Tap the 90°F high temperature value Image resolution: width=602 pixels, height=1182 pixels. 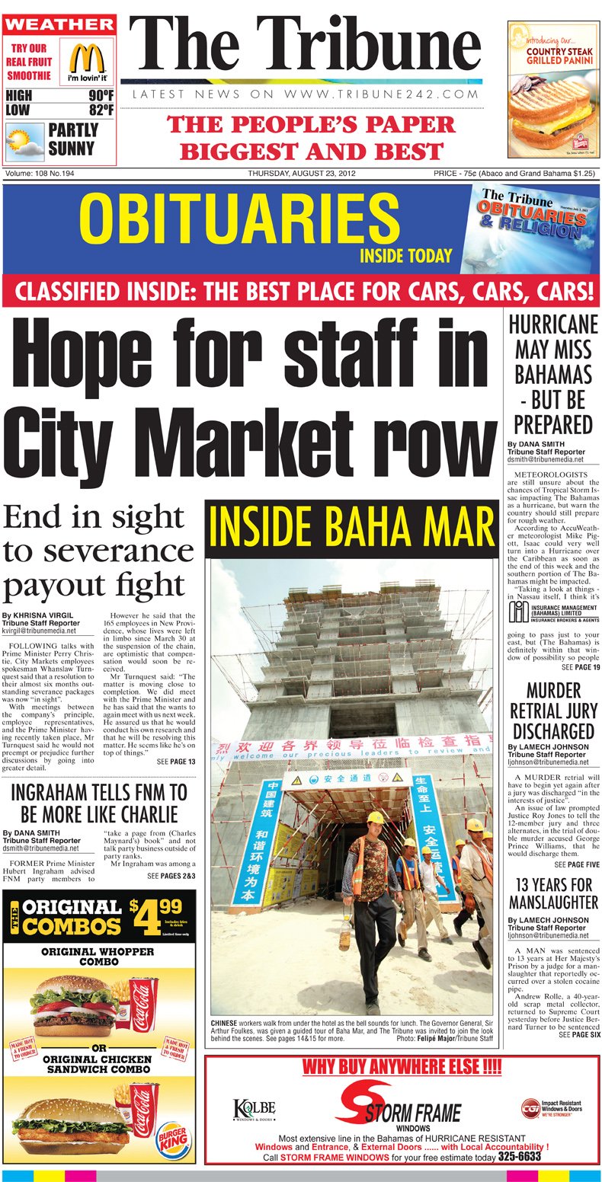[x=100, y=96]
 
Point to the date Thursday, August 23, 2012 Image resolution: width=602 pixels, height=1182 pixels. [x=302, y=174]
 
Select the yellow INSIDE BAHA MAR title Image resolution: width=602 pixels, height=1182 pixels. [x=351, y=528]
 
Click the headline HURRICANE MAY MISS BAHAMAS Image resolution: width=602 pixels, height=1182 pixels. [x=552, y=374]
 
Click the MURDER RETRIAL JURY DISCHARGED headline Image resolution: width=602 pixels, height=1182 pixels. [x=552, y=711]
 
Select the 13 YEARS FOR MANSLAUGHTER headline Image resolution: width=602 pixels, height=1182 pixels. [x=553, y=893]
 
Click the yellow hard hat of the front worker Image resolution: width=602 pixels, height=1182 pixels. [x=374, y=817]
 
